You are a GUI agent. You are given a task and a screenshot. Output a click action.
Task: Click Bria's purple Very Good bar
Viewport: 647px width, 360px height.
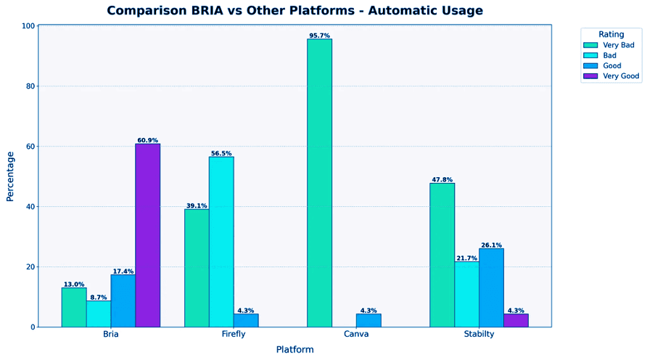coord(147,235)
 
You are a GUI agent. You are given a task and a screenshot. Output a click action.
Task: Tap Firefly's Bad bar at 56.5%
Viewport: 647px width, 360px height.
coord(221,242)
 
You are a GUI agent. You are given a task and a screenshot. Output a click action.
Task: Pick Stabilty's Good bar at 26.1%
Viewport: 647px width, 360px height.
coord(491,287)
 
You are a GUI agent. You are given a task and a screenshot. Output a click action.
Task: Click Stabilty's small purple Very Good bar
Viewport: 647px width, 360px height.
coord(516,320)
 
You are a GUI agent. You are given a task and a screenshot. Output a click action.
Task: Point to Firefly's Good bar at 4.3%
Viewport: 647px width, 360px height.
coord(246,320)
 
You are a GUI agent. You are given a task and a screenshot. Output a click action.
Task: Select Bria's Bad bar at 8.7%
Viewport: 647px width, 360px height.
coord(98,314)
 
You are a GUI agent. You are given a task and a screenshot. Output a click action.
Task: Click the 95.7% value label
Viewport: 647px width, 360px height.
coord(319,36)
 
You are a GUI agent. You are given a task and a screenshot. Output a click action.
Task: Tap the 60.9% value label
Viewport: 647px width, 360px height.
coord(147,140)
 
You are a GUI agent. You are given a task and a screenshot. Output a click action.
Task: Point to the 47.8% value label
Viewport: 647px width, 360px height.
coord(442,179)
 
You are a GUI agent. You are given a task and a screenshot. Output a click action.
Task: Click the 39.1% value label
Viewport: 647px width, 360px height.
coord(197,205)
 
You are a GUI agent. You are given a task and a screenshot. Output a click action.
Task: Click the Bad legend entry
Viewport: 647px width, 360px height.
coord(610,55)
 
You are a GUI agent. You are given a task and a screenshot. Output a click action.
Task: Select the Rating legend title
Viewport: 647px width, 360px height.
coord(611,34)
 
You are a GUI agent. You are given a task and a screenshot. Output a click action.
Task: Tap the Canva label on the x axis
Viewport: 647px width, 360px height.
coord(356,334)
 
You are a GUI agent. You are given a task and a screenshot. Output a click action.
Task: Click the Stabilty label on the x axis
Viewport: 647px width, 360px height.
coord(479,334)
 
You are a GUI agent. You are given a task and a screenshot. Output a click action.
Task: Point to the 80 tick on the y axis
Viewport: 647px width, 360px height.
coord(30,86)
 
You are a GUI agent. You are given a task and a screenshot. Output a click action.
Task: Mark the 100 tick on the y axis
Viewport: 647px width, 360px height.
coord(28,26)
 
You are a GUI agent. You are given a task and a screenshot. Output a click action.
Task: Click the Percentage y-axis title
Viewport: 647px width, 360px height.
coord(10,176)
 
